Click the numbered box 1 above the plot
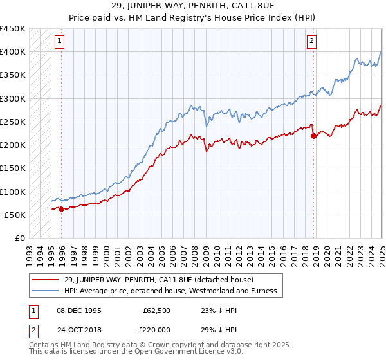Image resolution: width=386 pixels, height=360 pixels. [x=59, y=42]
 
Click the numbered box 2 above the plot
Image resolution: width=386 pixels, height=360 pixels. [x=311, y=42]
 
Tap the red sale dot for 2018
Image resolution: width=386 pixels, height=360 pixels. [x=313, y=136]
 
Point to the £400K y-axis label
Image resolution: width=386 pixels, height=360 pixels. [x=13, y=52]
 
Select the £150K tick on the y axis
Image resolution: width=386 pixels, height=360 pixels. [x=13, y=168]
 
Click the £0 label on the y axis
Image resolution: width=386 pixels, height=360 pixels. [x=21, y=239]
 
